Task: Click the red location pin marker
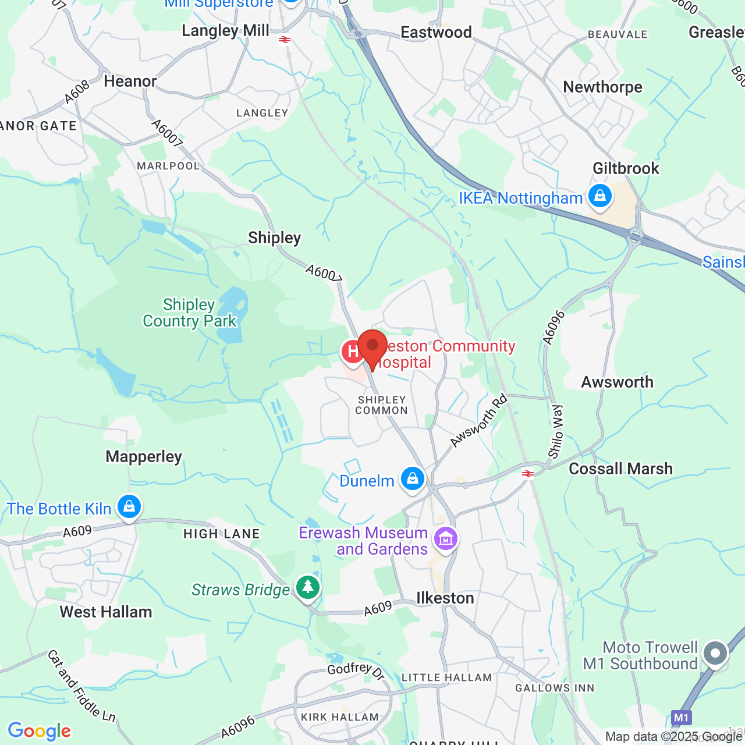coord(372,347)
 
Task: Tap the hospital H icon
coord(352,352)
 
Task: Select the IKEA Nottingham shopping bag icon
coord(599,196)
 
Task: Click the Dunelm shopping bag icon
coord(413,479)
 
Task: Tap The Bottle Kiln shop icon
coord(129,507)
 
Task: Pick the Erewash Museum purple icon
coord(446,539)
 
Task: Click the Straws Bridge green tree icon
coord(308,587)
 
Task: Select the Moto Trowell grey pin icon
coord(715,654)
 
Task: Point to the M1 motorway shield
coord(681,717)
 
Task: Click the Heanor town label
coord(130,81)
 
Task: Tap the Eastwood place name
coord(436,33)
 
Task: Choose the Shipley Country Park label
coord(190,313)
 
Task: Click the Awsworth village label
coord(617,382)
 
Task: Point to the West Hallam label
coord(106,612)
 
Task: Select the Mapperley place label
coord(144,457)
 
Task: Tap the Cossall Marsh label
coord(620,469)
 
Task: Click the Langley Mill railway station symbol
coord(285,40)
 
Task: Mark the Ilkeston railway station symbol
coord(528,474)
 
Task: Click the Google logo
coord(40,731)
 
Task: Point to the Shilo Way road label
coord(556,431)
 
